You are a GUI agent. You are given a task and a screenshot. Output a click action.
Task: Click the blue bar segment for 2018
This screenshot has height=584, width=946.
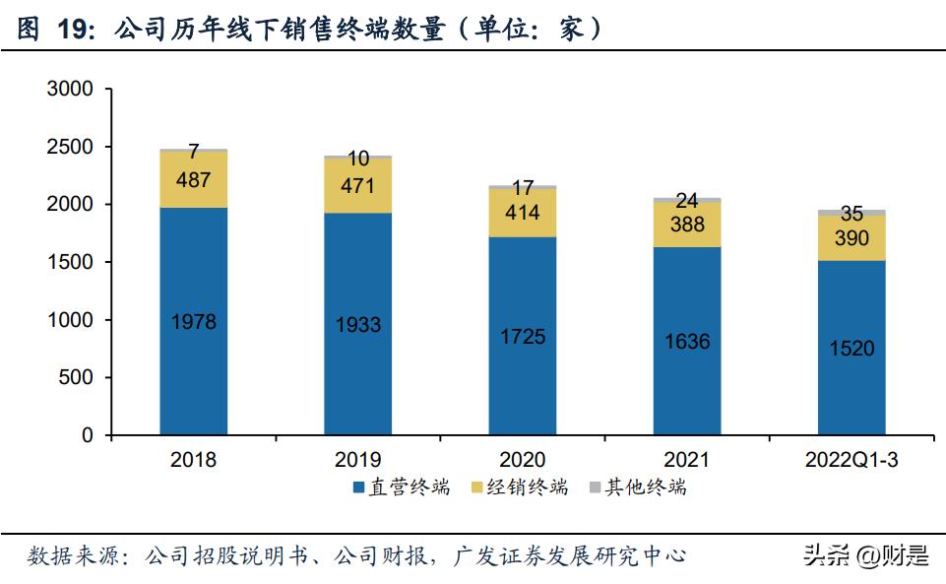[193, 374]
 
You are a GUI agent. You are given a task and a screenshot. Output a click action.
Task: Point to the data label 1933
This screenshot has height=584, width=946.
[357, 324]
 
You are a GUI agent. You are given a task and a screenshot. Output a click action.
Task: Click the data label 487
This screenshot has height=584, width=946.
[193, 179]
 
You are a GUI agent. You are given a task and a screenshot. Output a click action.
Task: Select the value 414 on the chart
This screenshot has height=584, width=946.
[522, 212]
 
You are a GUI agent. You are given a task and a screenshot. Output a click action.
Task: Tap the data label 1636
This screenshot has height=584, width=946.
[686, 342]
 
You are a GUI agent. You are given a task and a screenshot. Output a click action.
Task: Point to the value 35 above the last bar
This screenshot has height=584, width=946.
[851, 214]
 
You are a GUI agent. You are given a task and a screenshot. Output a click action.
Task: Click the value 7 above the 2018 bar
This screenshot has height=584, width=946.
[193, 152]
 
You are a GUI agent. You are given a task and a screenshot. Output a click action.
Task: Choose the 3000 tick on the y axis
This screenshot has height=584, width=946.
[70, 90]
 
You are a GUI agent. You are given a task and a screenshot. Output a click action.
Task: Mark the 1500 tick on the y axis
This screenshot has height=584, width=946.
[70, 263]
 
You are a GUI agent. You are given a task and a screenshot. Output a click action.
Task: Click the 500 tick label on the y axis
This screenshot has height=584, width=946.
[77, 378]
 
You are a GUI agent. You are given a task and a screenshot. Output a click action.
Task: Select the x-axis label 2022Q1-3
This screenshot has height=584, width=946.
[851, 459]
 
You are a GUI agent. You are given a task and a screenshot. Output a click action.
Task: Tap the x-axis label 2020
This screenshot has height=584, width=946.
[522, 459]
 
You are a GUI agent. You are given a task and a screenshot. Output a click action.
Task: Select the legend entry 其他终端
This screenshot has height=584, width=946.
[646, 487]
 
